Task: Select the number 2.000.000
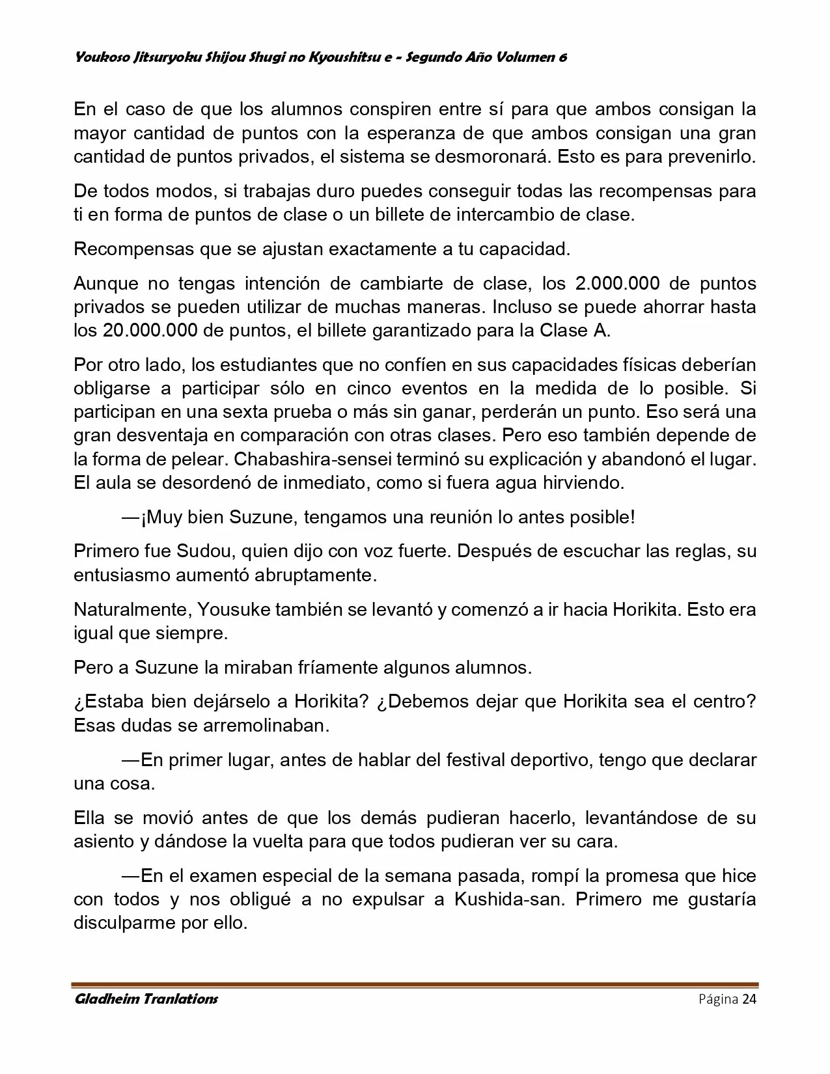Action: pyautogui.click(x=618, y=283)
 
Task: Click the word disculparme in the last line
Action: pyautogui.click(x=122, y=923)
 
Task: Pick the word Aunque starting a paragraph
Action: pyautogui.click(x=105, y=283)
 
